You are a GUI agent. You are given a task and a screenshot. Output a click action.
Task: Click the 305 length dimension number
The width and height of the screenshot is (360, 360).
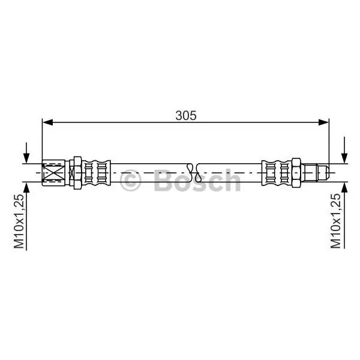click(x=186, y=115)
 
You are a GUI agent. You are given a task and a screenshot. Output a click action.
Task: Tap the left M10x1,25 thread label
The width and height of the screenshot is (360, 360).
click(x=19, y=221)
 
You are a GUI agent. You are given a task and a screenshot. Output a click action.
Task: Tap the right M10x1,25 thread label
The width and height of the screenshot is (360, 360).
click(x=335, y=221)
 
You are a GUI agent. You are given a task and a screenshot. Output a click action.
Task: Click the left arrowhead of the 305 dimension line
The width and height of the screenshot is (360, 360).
click(x=48, y=122)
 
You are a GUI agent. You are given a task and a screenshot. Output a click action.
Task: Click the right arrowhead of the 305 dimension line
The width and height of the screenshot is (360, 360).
click(x=324, y=122)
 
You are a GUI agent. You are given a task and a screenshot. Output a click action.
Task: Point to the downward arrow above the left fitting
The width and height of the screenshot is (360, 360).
click(x=26, y=153)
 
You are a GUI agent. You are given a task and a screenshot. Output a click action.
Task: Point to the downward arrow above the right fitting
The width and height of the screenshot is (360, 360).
click(x=344, y=150)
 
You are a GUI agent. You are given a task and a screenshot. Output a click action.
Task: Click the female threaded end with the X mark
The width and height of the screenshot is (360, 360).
click(x=54, y=173)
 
